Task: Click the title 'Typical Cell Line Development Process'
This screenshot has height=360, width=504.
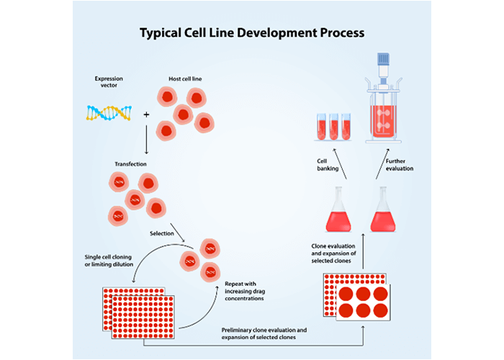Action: (251, 33)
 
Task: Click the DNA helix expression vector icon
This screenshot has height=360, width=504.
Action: (109, 112)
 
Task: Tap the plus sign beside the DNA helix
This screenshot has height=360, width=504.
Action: (147, 114)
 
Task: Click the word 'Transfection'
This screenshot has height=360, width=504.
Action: (130, 164)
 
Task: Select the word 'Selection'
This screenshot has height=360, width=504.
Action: (162, 233)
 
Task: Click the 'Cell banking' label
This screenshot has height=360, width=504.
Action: (328, 164)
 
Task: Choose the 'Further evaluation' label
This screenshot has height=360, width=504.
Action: (400, 164)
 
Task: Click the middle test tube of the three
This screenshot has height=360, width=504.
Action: (333, 126)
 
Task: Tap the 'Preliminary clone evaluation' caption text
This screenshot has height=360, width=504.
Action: (263, 333)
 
